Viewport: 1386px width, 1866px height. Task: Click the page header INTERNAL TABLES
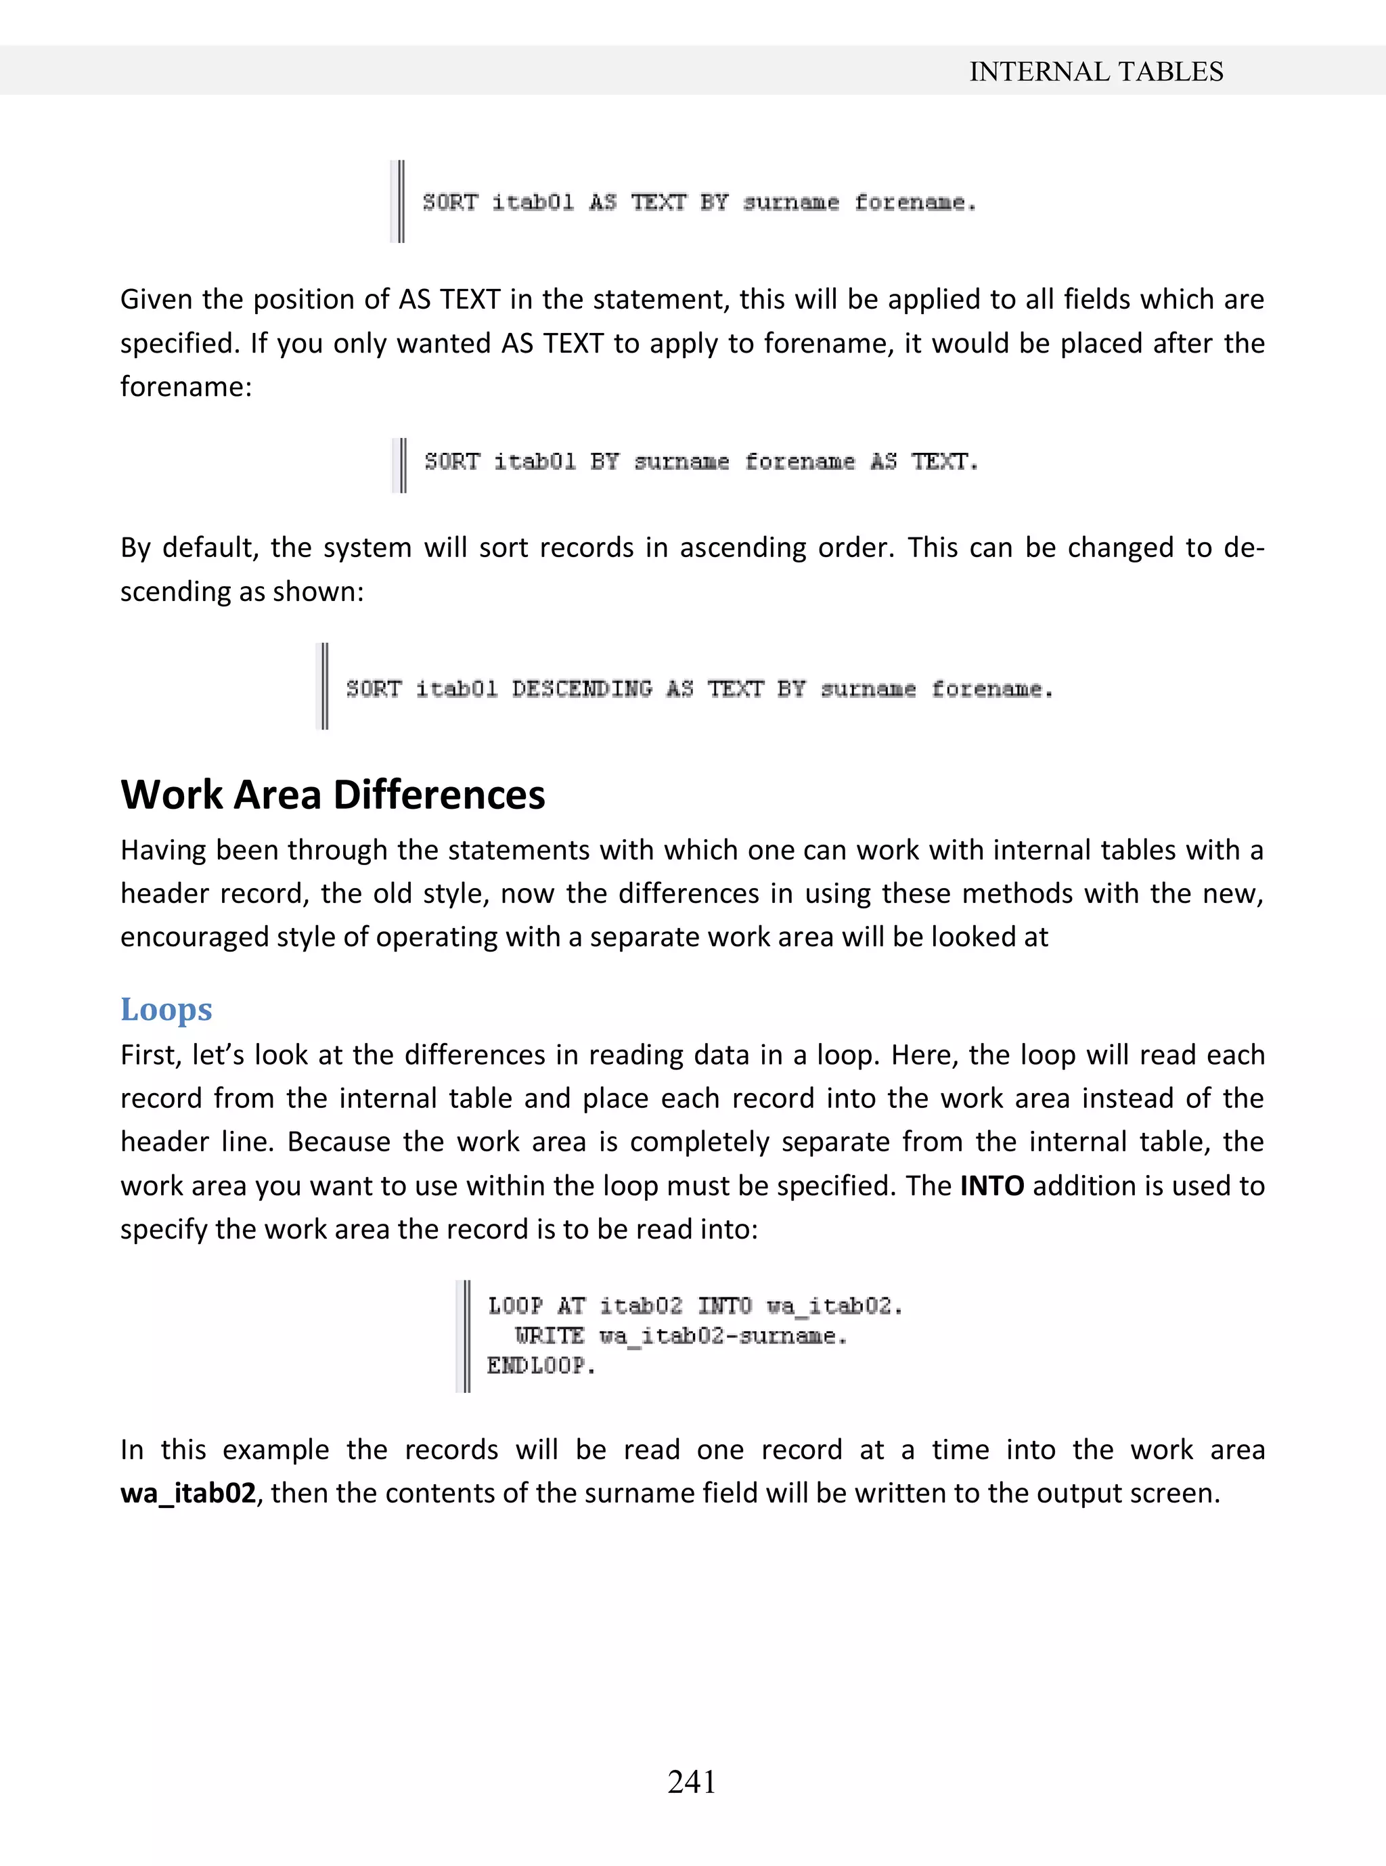click(1096, 72)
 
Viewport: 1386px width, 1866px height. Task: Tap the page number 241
click(692, 1781)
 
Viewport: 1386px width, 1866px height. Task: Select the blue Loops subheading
click(166, 1008)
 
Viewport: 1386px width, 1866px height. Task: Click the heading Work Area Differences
click(333, 795)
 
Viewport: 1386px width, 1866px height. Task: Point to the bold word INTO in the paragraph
click(991, 1186)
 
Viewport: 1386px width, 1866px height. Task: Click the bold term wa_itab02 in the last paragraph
click(188, 1494)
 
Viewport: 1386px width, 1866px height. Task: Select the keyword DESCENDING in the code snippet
click(581, 689)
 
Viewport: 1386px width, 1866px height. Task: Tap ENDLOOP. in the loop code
click(541, 1366)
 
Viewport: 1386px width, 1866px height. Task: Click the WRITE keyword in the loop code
click(550, 1336)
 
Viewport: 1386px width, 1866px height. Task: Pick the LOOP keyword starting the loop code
click(515, 1306)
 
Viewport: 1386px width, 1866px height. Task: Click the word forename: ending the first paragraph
click(186, 386)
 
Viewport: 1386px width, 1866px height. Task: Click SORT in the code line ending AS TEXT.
click(451, 462)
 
